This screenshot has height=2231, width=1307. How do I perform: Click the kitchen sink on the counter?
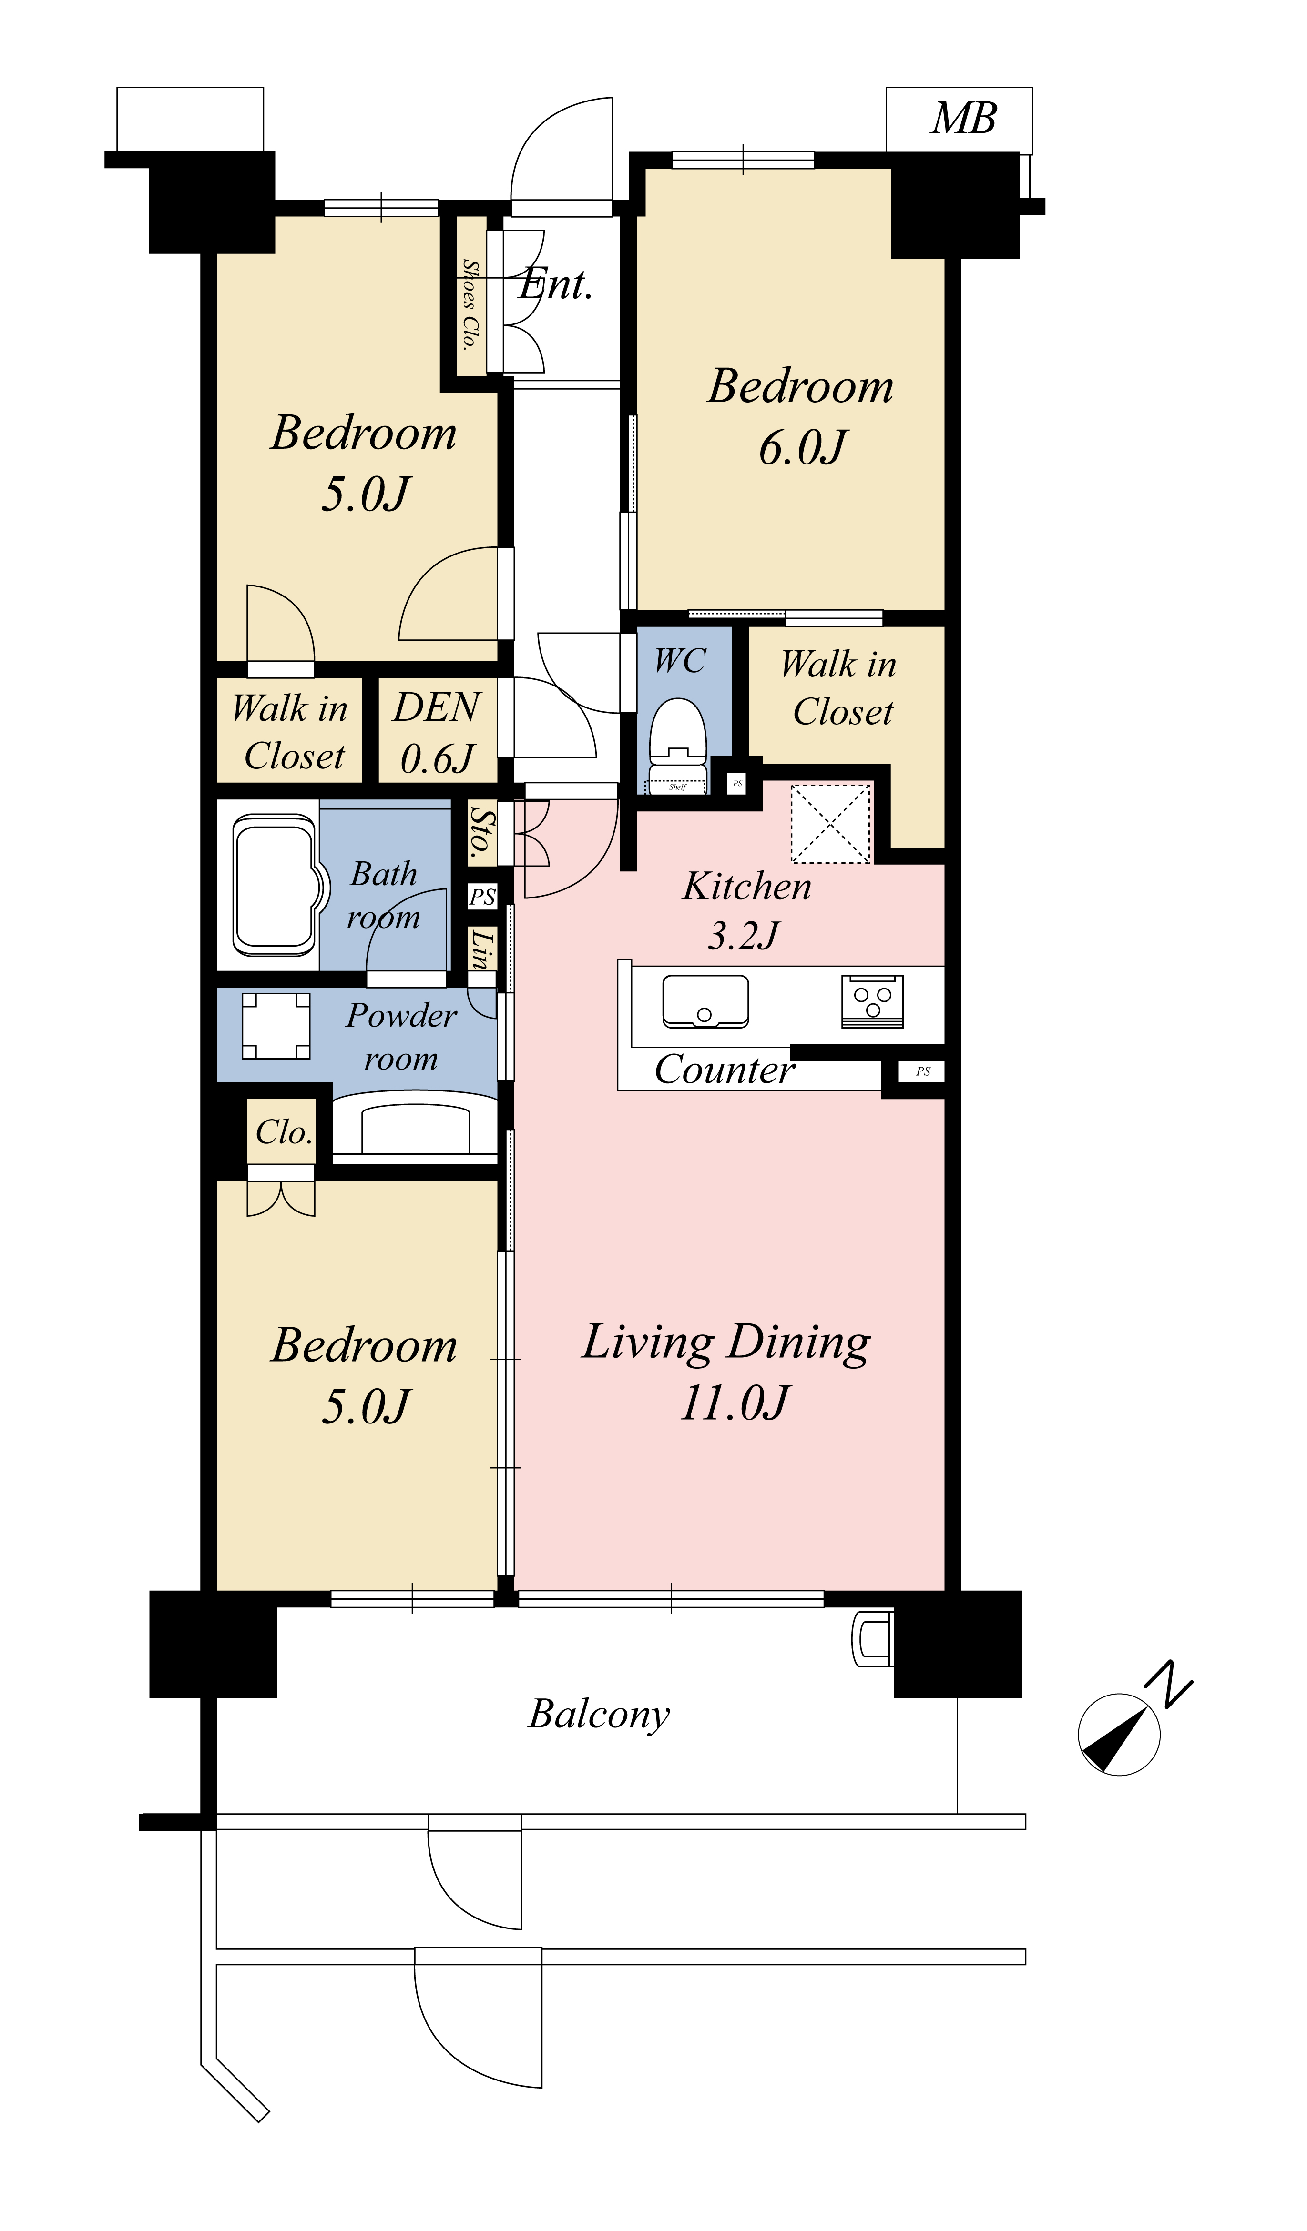click(705, 1001)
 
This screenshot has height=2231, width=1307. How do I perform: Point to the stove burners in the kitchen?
click(872, 1001)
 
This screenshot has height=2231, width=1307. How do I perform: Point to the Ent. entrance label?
click(555, 284)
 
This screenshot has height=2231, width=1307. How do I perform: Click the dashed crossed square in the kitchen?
click(831, 823)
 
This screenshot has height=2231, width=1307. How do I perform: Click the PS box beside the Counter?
click(923, 1071)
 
